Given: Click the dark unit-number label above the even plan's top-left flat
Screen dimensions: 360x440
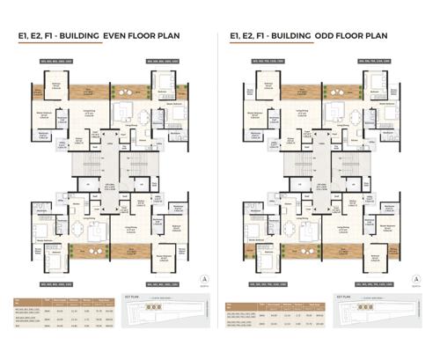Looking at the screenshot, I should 48,61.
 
